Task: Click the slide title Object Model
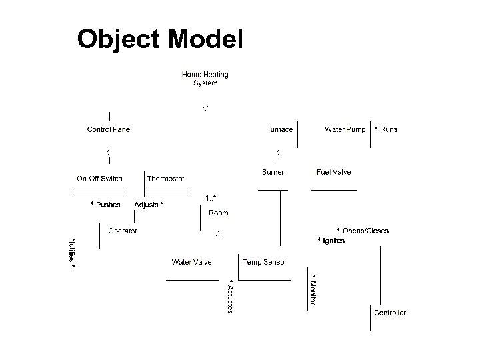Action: tap(160, 39)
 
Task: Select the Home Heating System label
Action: tap(205, 79)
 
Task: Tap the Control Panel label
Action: tap(109, 129)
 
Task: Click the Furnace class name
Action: tap(279, 129)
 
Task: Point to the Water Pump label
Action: tap(345, 129)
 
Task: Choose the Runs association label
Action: tap(388, 129)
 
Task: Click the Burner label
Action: tap(273, 172)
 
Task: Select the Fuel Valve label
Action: tap(333, 172)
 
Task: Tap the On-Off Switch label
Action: tap(99, 179)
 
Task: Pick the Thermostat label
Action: tap(165, 179)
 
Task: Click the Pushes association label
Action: tap(108, 205)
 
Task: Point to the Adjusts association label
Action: tap(147, 205)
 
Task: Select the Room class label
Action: tap(218, 213)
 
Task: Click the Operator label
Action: tap(123, 231)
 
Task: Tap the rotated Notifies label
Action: tap(72, 252)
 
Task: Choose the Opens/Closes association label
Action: tap(365, 231)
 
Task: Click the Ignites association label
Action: tap(333, 241)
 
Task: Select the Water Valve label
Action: tap(191, 262)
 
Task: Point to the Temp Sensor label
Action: tap(265, 262)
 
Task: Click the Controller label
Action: tap(389, 313)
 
